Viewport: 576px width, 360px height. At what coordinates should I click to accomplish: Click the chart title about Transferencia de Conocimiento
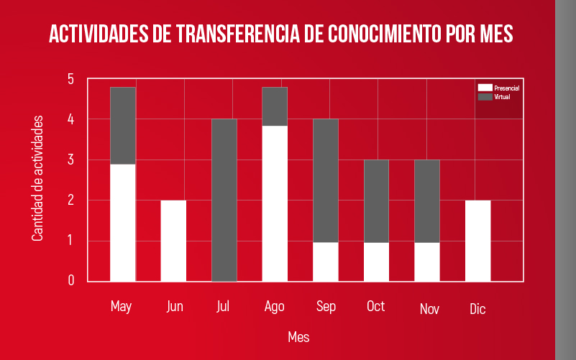click(x=280, y=34)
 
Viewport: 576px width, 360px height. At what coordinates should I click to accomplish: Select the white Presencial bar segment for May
click(x=123, y=222)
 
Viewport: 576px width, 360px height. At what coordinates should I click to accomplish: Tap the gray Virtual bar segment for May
click(x=123, y=125)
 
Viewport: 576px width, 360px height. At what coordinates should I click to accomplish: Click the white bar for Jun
click(x=173, y=241)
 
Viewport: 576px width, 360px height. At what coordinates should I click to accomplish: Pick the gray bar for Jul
click(x=224, y=200)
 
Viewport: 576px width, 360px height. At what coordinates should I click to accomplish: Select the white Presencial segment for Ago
click(x=275, y=203)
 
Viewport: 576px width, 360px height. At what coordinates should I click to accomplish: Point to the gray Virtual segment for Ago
click(x=275, y=106)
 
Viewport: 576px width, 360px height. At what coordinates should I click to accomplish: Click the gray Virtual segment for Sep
click(x=326, y=180)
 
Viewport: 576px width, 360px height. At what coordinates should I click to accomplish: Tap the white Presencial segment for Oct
click(x=376, y=262)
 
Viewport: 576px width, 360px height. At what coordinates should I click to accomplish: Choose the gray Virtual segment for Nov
click(x=427, y=200)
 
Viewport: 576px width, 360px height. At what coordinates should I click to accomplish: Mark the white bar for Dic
click(x=477, y=241)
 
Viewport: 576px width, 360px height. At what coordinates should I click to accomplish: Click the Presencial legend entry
click(x=498, y=88)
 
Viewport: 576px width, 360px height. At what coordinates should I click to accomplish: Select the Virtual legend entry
click(x=495, y=96)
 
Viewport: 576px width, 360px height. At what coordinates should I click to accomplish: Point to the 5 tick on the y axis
click(x=71, y=79)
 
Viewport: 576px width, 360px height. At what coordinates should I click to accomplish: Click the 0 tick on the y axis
click(x=71, y=281)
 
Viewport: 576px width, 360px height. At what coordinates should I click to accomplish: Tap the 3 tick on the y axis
click(x=71, y=160)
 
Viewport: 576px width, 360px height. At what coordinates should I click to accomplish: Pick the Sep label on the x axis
click(x=326, y=307)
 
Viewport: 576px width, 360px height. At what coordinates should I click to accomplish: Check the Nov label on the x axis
click(x=429, y=310)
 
